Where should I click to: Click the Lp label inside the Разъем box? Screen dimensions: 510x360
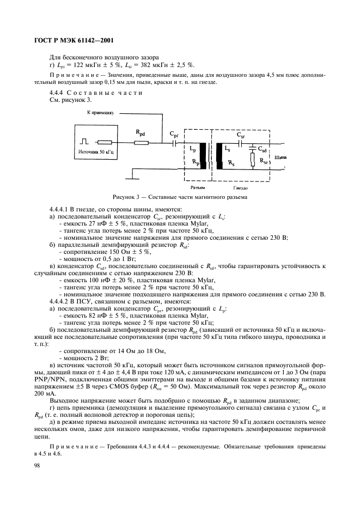[192, 148]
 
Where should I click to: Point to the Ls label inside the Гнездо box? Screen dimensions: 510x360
[227, 148]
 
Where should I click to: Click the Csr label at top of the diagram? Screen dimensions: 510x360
[240, 132]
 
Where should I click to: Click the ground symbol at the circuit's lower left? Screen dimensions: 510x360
[131, 174]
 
